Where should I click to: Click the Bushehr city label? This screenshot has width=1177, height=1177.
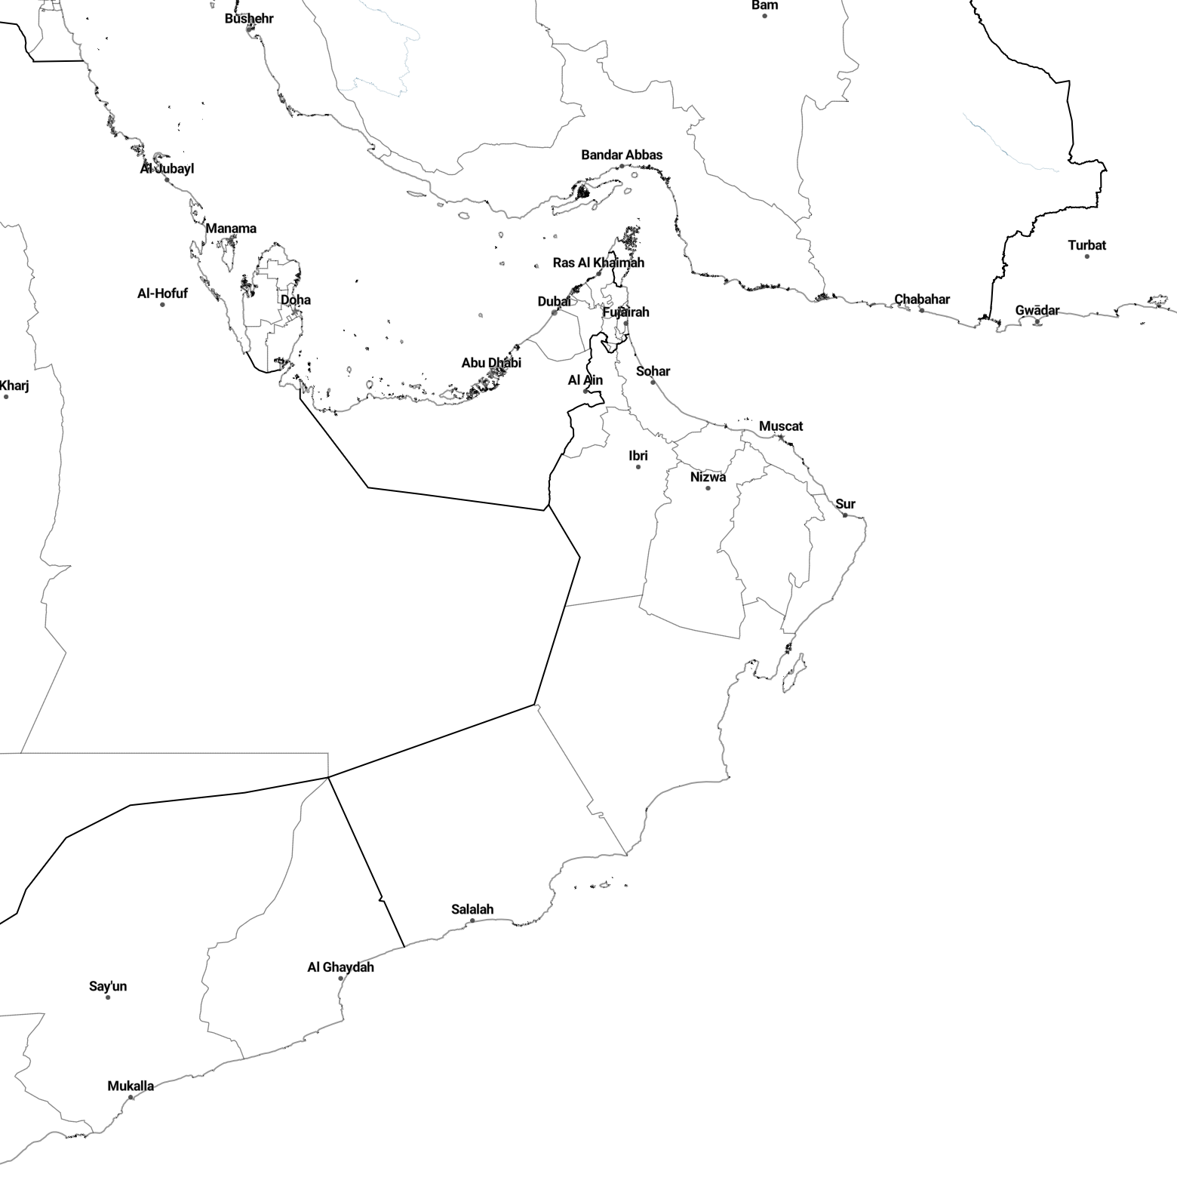[249, 18]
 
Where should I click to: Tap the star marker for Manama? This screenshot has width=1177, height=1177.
[230, 240]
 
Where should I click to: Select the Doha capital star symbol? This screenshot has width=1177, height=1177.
[295, 312]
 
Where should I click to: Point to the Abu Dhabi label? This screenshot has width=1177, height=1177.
[491, 362]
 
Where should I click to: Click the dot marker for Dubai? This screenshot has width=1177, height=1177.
[555, 312]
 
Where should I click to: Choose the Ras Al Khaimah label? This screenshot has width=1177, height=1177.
[598, 263]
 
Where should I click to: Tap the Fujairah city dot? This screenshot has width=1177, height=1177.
[625, 323]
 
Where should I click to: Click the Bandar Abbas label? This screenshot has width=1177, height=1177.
[622, 155]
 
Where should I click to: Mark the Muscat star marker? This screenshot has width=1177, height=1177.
[781, 438]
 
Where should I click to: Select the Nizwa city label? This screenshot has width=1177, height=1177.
[708, 477]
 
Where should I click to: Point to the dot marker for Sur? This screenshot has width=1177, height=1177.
[845, 515]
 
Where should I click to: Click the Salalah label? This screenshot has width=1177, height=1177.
[472, 909]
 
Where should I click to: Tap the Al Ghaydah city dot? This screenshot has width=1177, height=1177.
[340, 979]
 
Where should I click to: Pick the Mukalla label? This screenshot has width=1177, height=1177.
[131, 1086]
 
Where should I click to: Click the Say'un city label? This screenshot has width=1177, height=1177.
[108, 986]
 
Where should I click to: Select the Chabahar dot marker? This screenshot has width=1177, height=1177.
[922, 310]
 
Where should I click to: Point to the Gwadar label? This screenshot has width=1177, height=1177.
[1037, 310]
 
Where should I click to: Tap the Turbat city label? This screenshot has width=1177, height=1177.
[1087, 245]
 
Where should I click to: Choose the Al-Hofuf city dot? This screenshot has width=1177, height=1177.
[162, 305]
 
